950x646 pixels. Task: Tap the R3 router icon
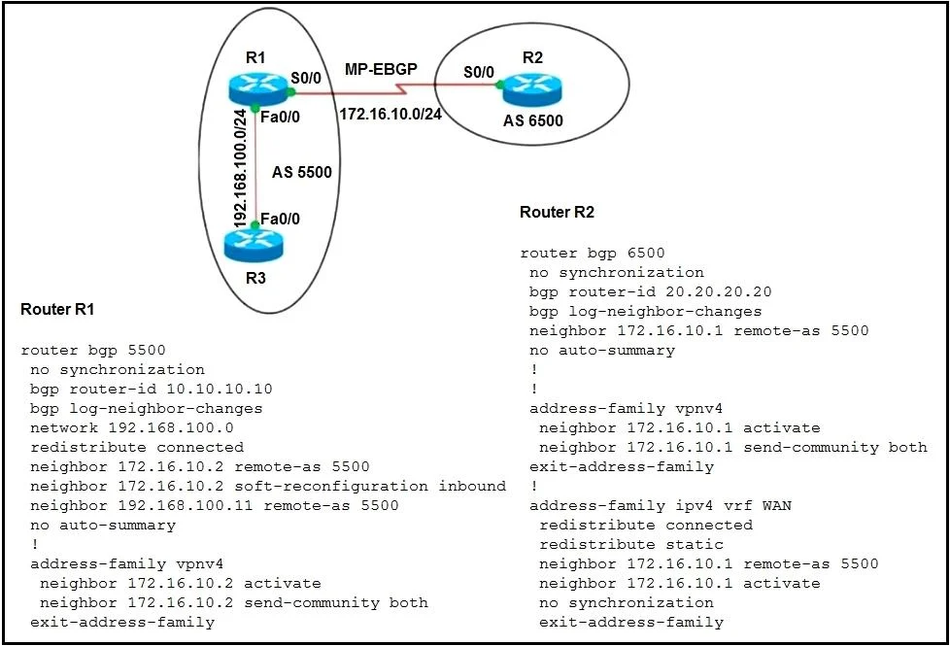[x=254, y=246]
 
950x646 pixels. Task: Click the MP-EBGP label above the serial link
[x=381, y=69]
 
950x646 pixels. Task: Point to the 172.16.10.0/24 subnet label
[x=390, y=114]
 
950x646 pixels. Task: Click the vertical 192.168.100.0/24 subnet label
[x=240, y=168]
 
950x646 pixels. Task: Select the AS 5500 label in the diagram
[x=302, y=172]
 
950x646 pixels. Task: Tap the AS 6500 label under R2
[x=533, y=120]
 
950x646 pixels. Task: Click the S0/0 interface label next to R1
[x=306, y=78]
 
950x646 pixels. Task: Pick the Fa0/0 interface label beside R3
[x=280, y=219]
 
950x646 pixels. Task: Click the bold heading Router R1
[x=57, y=309]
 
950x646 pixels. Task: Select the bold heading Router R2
[x=557, y=212]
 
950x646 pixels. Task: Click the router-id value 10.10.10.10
[x=220, y=389]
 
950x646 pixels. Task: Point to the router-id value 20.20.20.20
[x=719, y=292]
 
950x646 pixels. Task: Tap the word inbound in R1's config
[x=472, y=486]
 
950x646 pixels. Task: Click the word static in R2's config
[x=695, y=544]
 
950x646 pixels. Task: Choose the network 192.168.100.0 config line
[x=131, y=427]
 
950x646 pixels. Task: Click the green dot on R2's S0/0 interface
[x=500, y=85]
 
